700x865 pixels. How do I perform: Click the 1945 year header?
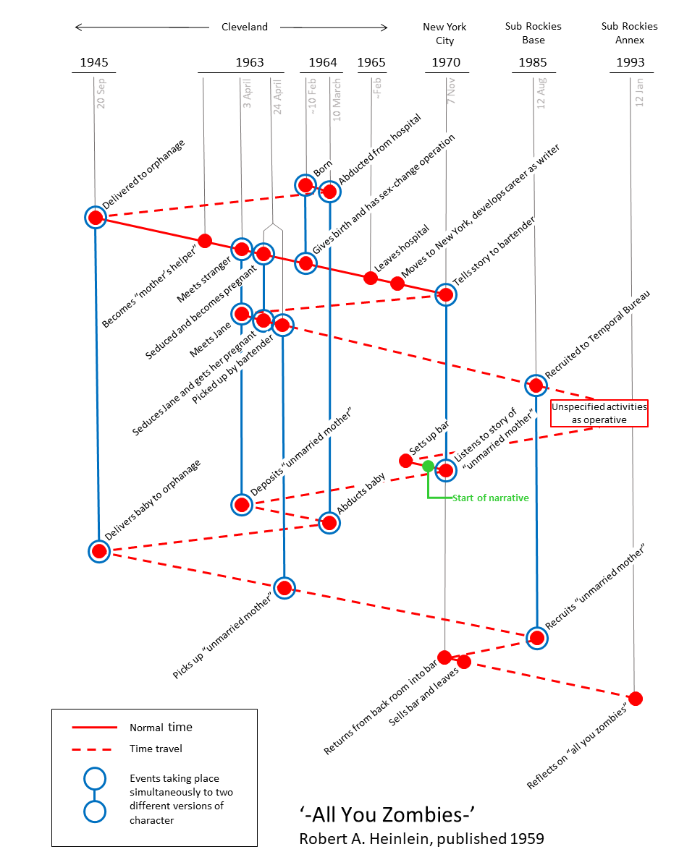coord(94,62)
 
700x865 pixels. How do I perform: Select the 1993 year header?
coord(631,62)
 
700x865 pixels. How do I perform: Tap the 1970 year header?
coord(446,62)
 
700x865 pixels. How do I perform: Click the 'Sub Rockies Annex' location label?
coord(629,33)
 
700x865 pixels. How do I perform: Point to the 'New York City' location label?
coord(444,34)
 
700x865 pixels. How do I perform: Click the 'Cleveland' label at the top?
coord(244,27)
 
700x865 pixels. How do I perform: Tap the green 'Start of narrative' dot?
coord(428,466)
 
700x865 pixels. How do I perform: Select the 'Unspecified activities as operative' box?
coord(599,413)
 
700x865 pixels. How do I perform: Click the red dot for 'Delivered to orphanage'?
coord(95,217)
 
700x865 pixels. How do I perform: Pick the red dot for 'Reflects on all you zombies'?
coord(636,699)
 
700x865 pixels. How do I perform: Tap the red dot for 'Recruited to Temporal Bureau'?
coord(536,385)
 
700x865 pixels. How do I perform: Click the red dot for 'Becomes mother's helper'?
coord(205,240)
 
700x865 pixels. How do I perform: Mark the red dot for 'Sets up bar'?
coord(405,460)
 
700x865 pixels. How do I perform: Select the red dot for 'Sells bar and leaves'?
coord(464,662)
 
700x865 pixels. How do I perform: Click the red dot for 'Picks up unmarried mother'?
coord(284,587)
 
